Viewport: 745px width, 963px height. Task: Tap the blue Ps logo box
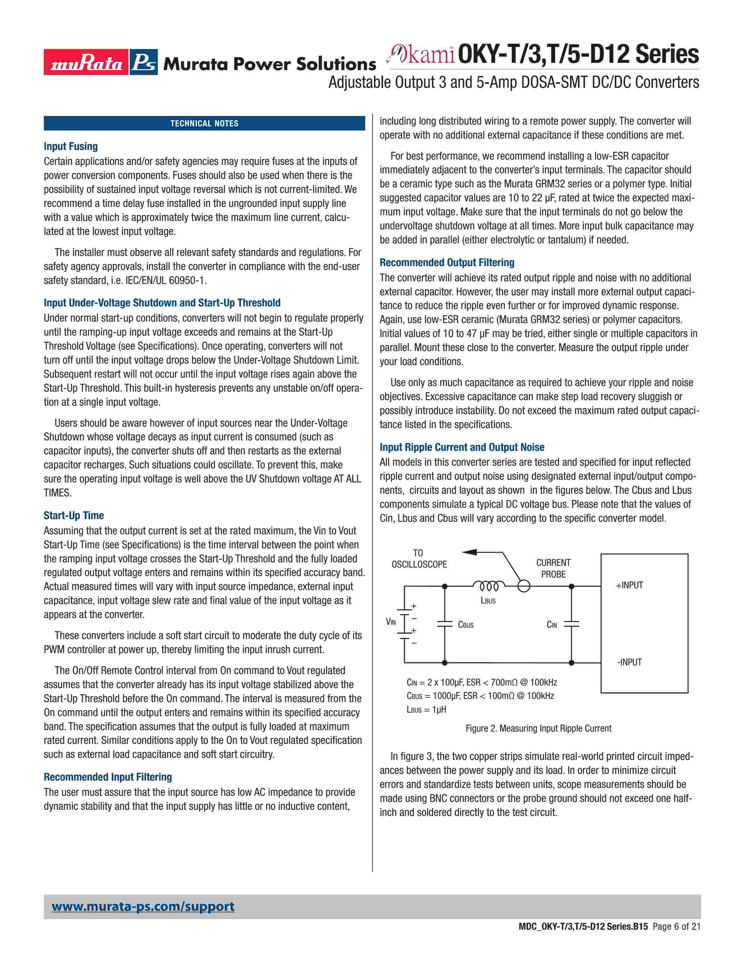coord(144,62)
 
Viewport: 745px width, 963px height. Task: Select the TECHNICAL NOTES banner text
coord(204,123)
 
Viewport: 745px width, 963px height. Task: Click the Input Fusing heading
coord(71,146)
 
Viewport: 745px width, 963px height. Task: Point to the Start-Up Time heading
coord(74,515)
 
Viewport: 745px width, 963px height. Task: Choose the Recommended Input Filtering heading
coord(108,777)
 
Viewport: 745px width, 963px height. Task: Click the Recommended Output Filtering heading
coord(447,263)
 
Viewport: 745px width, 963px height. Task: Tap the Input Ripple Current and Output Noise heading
coord(462,447)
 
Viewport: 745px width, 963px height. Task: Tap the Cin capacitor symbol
coord(571,624)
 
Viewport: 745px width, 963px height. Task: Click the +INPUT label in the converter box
coord(629,585)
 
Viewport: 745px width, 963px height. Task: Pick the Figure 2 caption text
coord(538,728)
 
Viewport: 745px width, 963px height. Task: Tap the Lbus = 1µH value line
coord(426,709)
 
